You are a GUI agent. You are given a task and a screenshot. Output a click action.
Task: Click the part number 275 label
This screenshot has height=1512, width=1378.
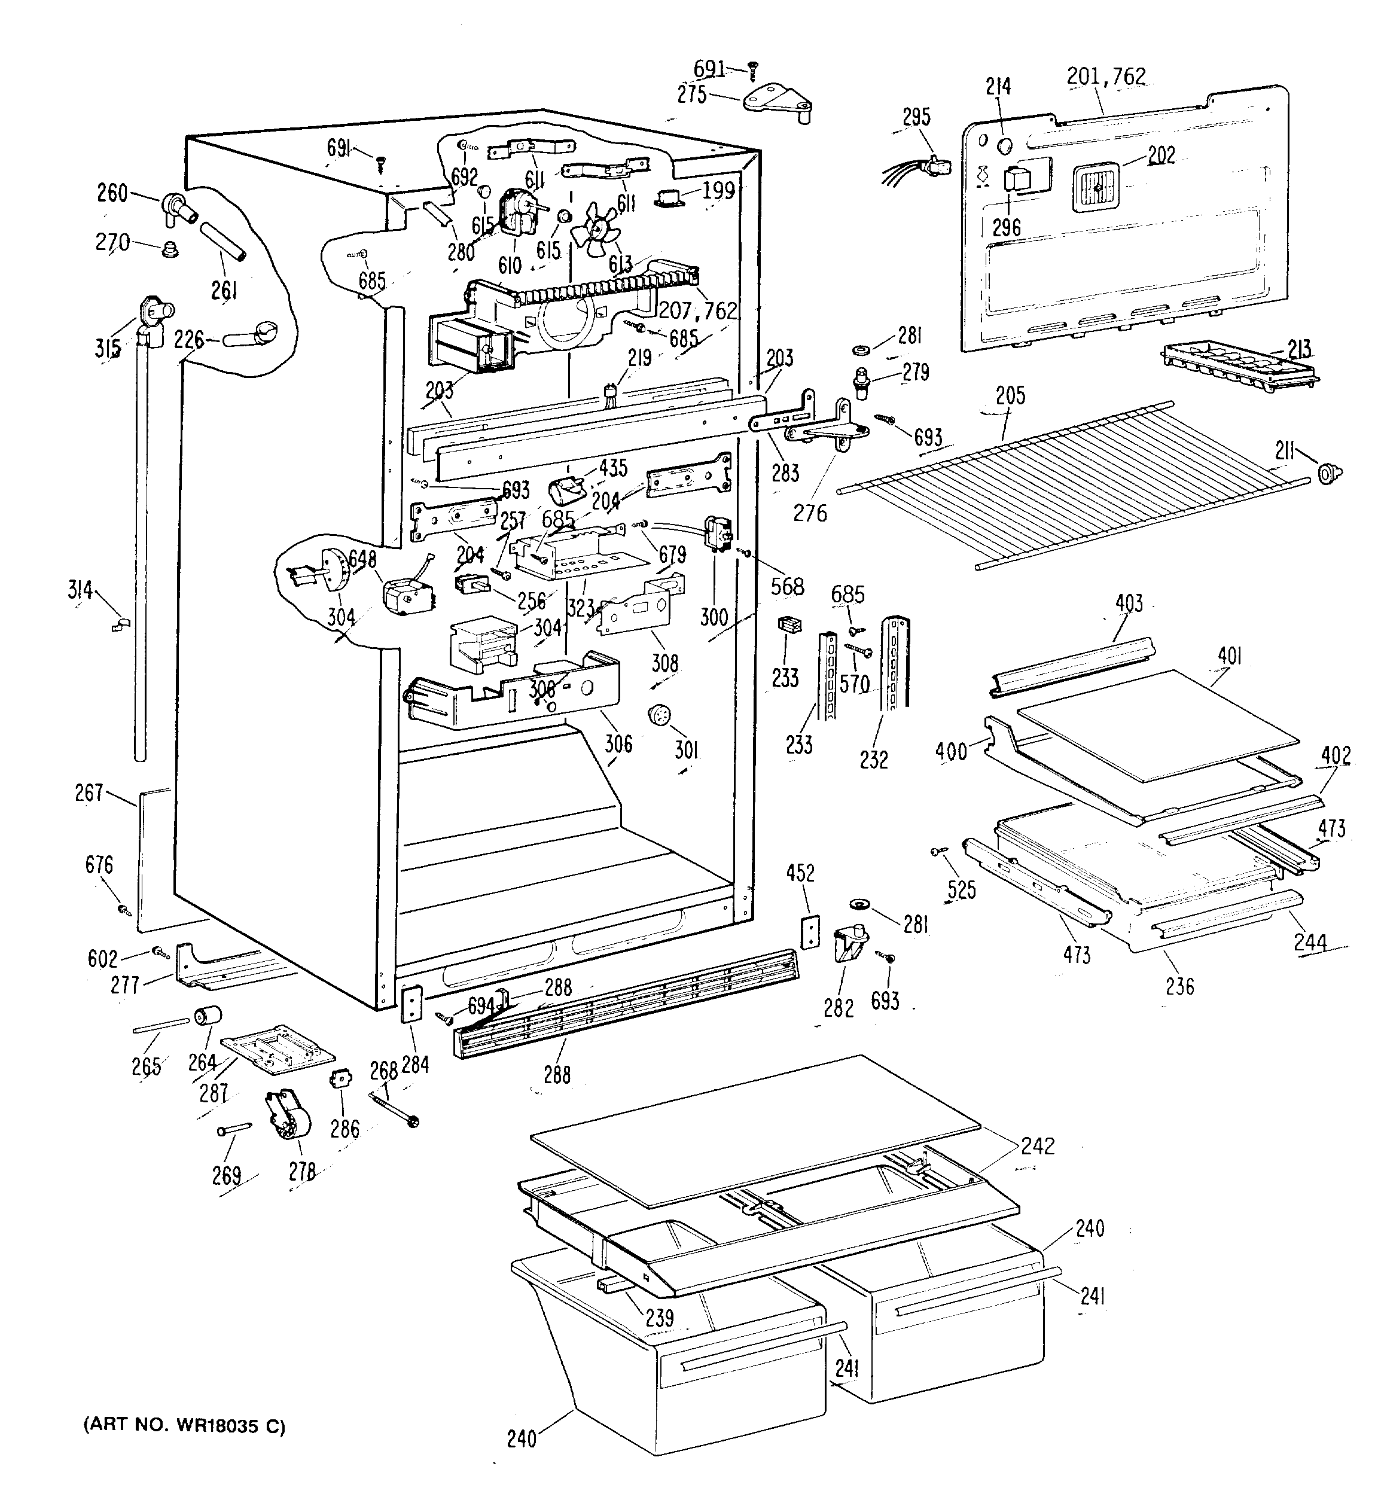[691, 94]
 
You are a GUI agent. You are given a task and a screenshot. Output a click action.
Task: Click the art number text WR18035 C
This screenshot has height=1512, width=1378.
[221, 1426]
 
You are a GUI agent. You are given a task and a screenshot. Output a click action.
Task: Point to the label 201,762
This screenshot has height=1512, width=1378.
[1106, 77]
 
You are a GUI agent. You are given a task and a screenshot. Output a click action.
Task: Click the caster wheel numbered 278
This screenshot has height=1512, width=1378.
[288, 1119]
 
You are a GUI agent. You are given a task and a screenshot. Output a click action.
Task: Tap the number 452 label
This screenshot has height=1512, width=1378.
[800, 874]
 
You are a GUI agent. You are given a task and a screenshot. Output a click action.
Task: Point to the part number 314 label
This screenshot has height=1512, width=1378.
[80, 591]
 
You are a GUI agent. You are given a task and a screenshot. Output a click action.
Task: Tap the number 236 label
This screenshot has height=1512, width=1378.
[1179, 986]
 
